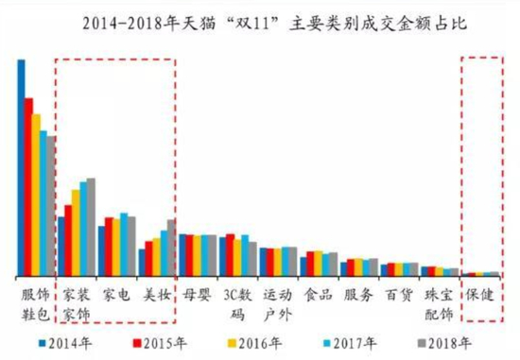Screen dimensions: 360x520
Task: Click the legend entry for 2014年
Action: click(65, 342)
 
